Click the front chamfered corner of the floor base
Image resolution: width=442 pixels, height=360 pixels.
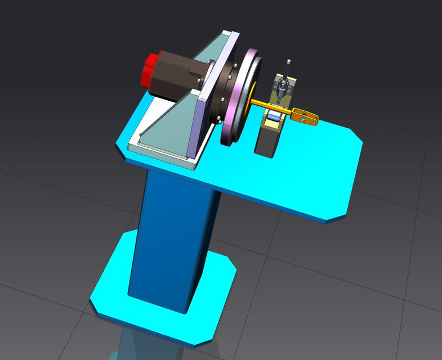point(203,337)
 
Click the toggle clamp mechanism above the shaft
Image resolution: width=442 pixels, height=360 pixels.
point(282,87)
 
